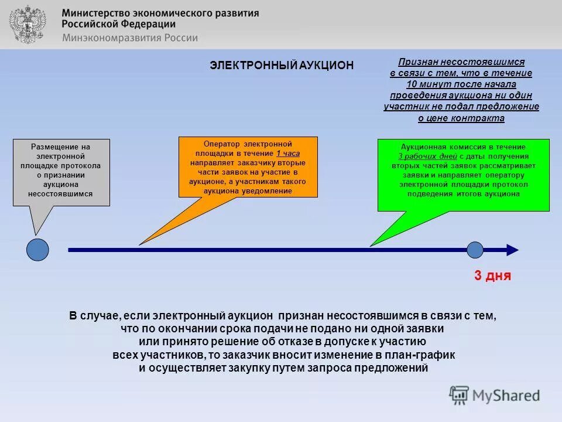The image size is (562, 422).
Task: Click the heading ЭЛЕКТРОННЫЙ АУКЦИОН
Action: [x=282, y=66]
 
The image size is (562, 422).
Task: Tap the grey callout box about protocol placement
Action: [x=61, y=172]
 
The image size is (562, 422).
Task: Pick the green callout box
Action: [x=463, y=175]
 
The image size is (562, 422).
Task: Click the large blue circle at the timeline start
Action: [x=38, y=250]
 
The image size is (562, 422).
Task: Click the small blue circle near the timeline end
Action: [x=475, y=250]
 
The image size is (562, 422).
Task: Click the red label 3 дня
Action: [x=492, y=276]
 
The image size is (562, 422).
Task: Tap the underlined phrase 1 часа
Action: [x=288, y=153]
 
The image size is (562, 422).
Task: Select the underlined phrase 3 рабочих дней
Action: [x=427, y=156]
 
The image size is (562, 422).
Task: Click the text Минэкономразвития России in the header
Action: [x=129, y=38]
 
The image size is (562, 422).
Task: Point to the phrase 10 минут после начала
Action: [x=461, y=84]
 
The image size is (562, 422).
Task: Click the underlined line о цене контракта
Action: [x=461, y=118]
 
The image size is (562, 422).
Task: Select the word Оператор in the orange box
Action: [x=221, y=144]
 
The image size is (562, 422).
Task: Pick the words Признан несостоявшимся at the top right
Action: [x=461, y=62]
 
